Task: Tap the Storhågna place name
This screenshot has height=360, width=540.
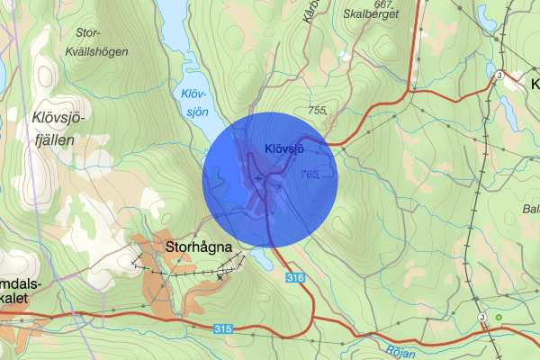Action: tap(199, 245)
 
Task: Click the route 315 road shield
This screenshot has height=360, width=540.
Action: tap(223, 329)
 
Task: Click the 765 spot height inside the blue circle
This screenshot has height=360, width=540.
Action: tap(311, 175)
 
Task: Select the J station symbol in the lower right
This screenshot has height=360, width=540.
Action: tap(482, 318)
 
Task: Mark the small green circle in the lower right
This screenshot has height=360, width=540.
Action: tap(499, 317)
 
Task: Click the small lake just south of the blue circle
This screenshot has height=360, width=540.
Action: tap(260, 260)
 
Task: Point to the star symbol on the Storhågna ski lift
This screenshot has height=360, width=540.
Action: tap(220, 276)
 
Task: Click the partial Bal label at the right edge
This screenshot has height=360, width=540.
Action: tap(530, 209)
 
